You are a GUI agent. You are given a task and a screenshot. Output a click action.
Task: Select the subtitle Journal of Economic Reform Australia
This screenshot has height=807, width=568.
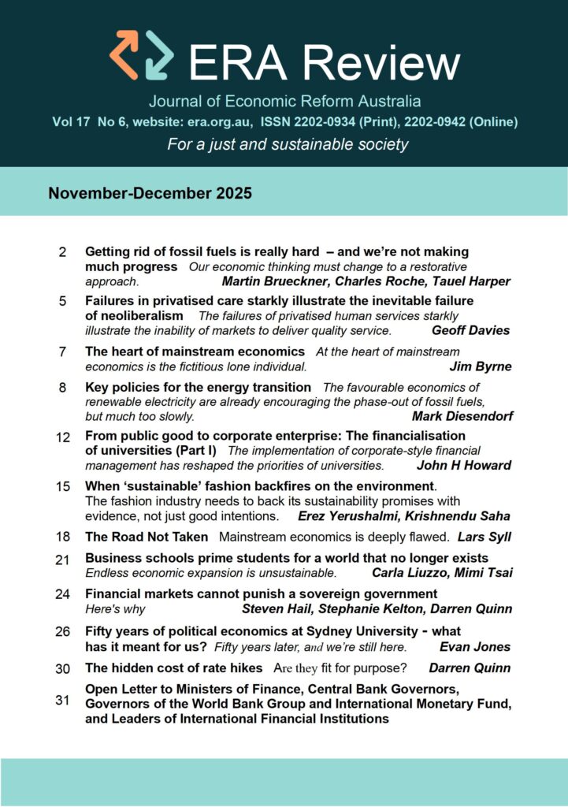(284, 102)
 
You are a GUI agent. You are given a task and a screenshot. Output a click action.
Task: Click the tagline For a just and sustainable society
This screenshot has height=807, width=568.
(288, 144)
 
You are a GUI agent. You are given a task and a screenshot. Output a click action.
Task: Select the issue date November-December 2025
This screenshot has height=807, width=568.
(150, 193)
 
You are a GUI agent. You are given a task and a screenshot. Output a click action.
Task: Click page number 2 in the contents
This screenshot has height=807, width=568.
(62, 253)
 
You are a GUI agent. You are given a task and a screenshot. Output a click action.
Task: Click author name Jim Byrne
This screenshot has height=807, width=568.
(480, 366)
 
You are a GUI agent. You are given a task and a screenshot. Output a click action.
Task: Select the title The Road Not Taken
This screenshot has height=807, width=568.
(147, 537)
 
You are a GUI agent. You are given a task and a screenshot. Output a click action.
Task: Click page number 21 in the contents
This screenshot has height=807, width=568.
(64, 559)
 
